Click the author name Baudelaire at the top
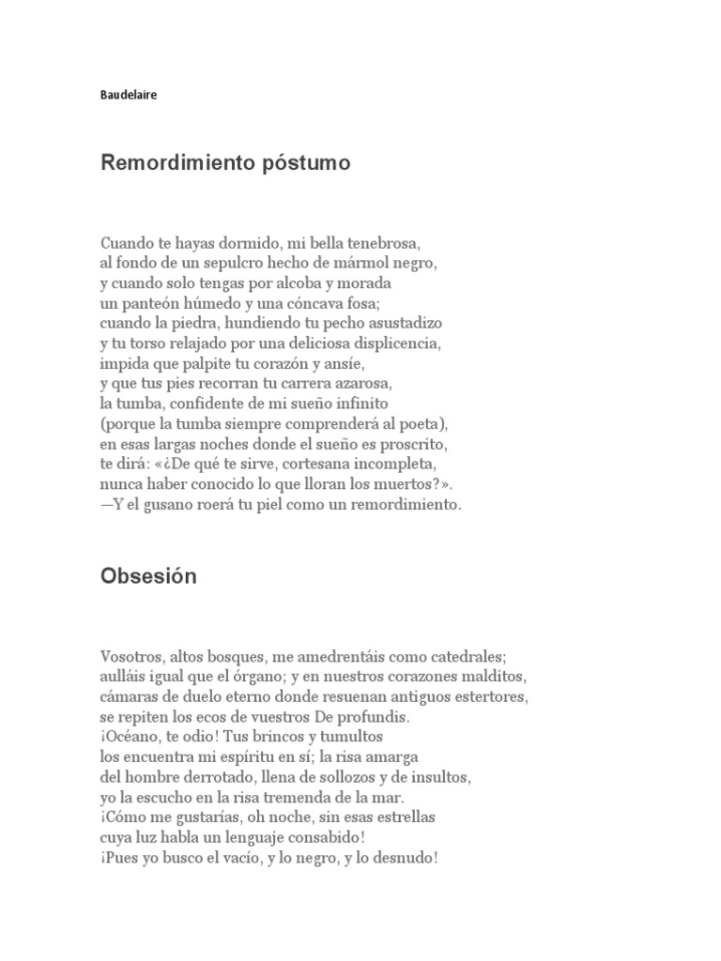tap(130, 94)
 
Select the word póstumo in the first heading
tap(306, 162)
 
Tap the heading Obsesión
tap(148, 576)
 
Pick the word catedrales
tap(464, 656)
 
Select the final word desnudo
tap(407, 858)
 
